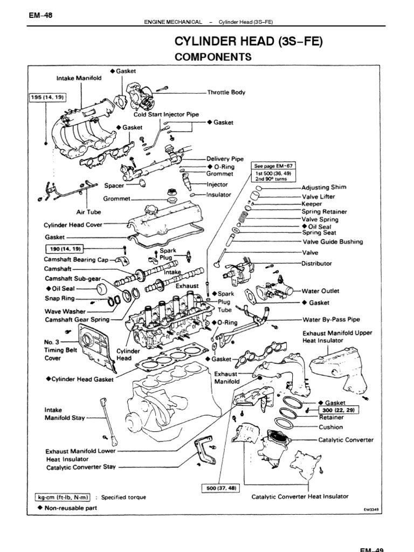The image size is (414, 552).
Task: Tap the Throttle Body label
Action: pos(230,92)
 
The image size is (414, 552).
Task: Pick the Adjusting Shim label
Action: pos(323,188)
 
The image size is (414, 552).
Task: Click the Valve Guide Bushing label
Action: pos(333,242)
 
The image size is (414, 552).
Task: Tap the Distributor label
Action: pos(316,264)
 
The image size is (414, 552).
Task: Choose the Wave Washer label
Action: pos(64,311)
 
